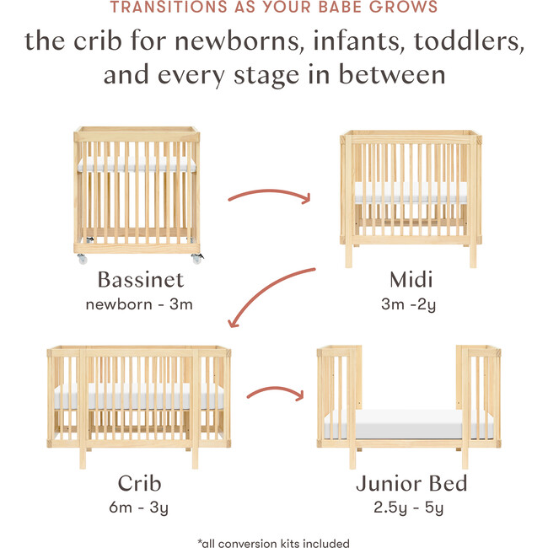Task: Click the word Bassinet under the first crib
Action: click(139, 279)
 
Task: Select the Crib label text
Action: click(139, 483)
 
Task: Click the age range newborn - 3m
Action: click(139, 304)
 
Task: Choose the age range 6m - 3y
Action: click(139, 508)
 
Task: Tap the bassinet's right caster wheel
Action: click(196, 259)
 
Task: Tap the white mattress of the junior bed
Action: click(409, 424)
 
